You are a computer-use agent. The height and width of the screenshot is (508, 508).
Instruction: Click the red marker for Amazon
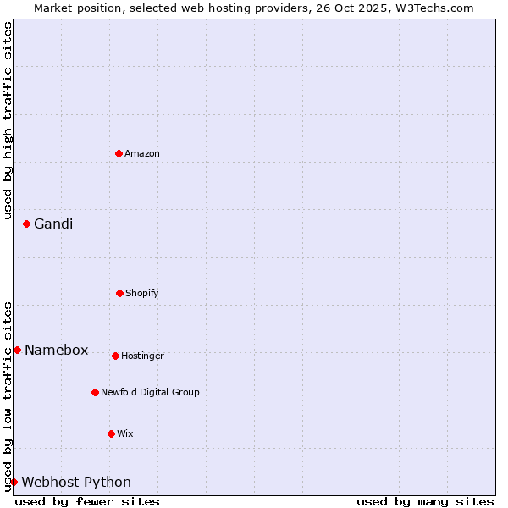[x=119, y=153]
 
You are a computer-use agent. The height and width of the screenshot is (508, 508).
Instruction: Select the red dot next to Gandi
[x=27, y=224]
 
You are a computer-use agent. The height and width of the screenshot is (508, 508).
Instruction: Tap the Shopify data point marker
[x=120, y=293]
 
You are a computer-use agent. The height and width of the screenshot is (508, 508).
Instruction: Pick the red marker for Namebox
[x=18, y=350]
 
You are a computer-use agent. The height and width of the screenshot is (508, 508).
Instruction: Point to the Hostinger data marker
[x=116, y=356]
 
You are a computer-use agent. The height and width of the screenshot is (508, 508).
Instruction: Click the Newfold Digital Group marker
[x=96, y=392]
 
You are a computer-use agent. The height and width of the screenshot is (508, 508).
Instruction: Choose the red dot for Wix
[x=112, y=433]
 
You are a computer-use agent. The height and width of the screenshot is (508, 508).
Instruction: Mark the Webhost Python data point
[x=14, y=482]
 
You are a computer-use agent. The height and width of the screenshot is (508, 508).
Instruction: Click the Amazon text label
[x=142, y=153]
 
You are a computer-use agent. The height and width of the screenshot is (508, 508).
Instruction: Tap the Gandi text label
[x=53, y=224]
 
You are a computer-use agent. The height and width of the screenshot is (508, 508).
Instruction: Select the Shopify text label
[x=142, y=293]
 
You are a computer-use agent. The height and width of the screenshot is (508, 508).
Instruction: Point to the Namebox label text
[x=57, y=350]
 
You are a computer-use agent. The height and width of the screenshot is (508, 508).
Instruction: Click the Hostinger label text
[x=142, y=356]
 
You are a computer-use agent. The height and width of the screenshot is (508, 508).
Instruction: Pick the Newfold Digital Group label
[x=150, y=392]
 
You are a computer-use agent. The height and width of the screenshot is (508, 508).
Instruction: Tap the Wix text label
[x=125, y=433]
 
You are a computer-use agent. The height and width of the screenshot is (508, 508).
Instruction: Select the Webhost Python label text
[x=76, y=482]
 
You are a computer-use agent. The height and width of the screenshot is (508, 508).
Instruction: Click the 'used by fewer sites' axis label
[x=87, y=501]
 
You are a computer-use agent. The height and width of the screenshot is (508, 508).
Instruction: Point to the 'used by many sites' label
[x=425, y=501]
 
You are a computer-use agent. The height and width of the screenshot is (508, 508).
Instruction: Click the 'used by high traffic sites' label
[x=8, y=120]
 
